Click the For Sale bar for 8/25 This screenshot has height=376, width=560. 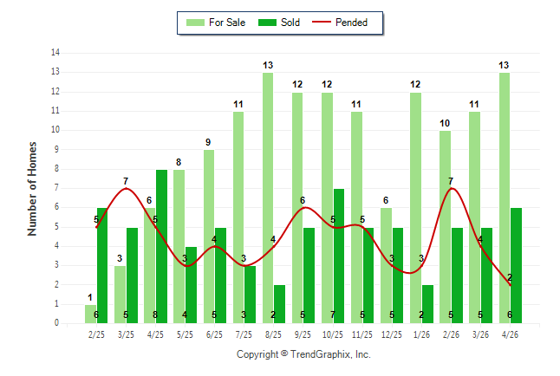coord(268,198)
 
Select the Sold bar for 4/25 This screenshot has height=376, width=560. coord(161,246)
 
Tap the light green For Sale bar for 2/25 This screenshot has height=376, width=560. coord(90,314)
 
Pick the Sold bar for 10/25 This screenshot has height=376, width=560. coord(339,256)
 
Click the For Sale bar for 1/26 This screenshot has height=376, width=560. coord(415,208)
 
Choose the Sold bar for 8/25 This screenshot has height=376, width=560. coord(279,304)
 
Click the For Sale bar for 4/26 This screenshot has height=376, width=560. coord(505,198)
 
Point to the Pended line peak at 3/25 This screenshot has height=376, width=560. coord(126,188)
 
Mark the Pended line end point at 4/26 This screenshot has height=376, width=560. coord(510,285)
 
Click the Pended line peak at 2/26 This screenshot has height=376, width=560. coord(452,188)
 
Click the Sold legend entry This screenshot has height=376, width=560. coord(279,23)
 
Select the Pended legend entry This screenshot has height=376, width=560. coord(340,23)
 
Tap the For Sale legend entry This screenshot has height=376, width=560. coord(216,23)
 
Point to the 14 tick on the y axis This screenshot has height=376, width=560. coord(55,53)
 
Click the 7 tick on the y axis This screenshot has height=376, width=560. coord(57,188)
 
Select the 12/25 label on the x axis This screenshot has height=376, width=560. coord(392,334)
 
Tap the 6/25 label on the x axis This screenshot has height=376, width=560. coord(214,334)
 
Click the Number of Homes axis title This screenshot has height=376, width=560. coord(32,189)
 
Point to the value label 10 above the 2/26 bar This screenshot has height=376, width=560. coord(445,124)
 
